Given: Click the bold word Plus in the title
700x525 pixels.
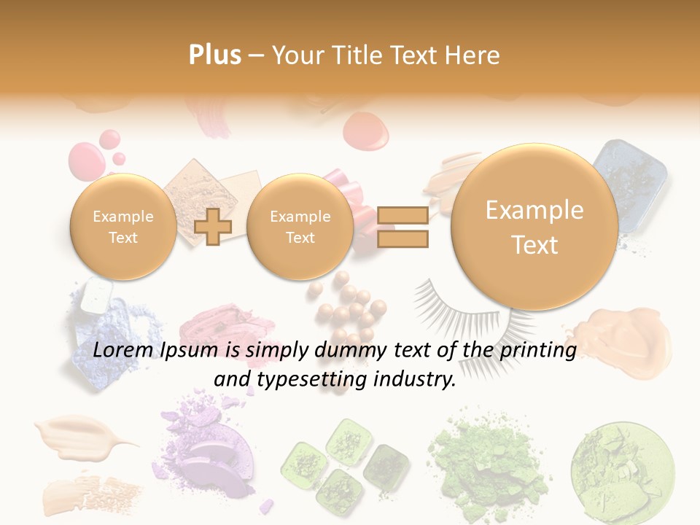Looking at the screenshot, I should coord(214,55).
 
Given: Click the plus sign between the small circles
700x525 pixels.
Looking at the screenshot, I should coord(213,227).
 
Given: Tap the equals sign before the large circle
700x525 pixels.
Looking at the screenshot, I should coord(402,227).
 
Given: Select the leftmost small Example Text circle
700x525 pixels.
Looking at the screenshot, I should coord(122,227).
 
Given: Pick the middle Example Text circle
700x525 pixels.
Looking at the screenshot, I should coord(300,227).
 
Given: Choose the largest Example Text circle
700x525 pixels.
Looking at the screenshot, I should coord(534,227).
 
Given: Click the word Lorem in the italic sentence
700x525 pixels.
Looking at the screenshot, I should coord(120,351).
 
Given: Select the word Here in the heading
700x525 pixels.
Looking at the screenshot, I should coord(474,55).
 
